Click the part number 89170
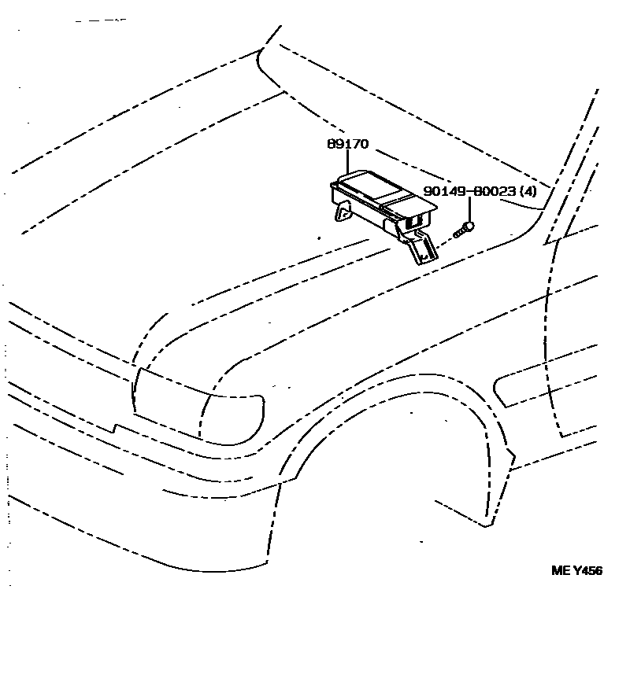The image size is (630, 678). (348, 145)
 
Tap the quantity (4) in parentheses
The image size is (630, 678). (529, 191)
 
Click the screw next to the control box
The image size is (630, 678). (463, 230)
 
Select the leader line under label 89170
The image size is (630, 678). (348, 162)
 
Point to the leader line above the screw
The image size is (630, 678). (470, 208)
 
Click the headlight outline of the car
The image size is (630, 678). (197, 405)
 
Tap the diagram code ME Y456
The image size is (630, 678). (576, 571)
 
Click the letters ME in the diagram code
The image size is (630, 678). (558, 571)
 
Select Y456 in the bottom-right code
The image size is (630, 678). (587, 571)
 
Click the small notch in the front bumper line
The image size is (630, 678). (116, 429)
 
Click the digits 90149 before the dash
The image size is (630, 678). (442, 191)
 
